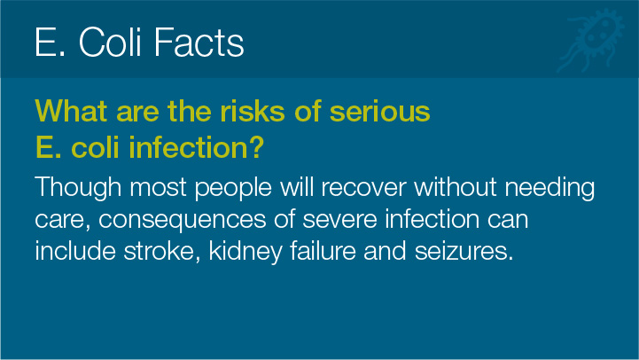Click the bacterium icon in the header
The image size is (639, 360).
pos(591,41)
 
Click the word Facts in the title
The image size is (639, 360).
pos(199,43)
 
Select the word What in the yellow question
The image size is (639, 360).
pos(71,111)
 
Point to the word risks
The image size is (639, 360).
pos(253,111)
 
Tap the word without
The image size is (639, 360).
pos(456,188)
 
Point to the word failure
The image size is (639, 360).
pos(323,250)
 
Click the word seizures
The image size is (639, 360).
pos(464,251)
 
